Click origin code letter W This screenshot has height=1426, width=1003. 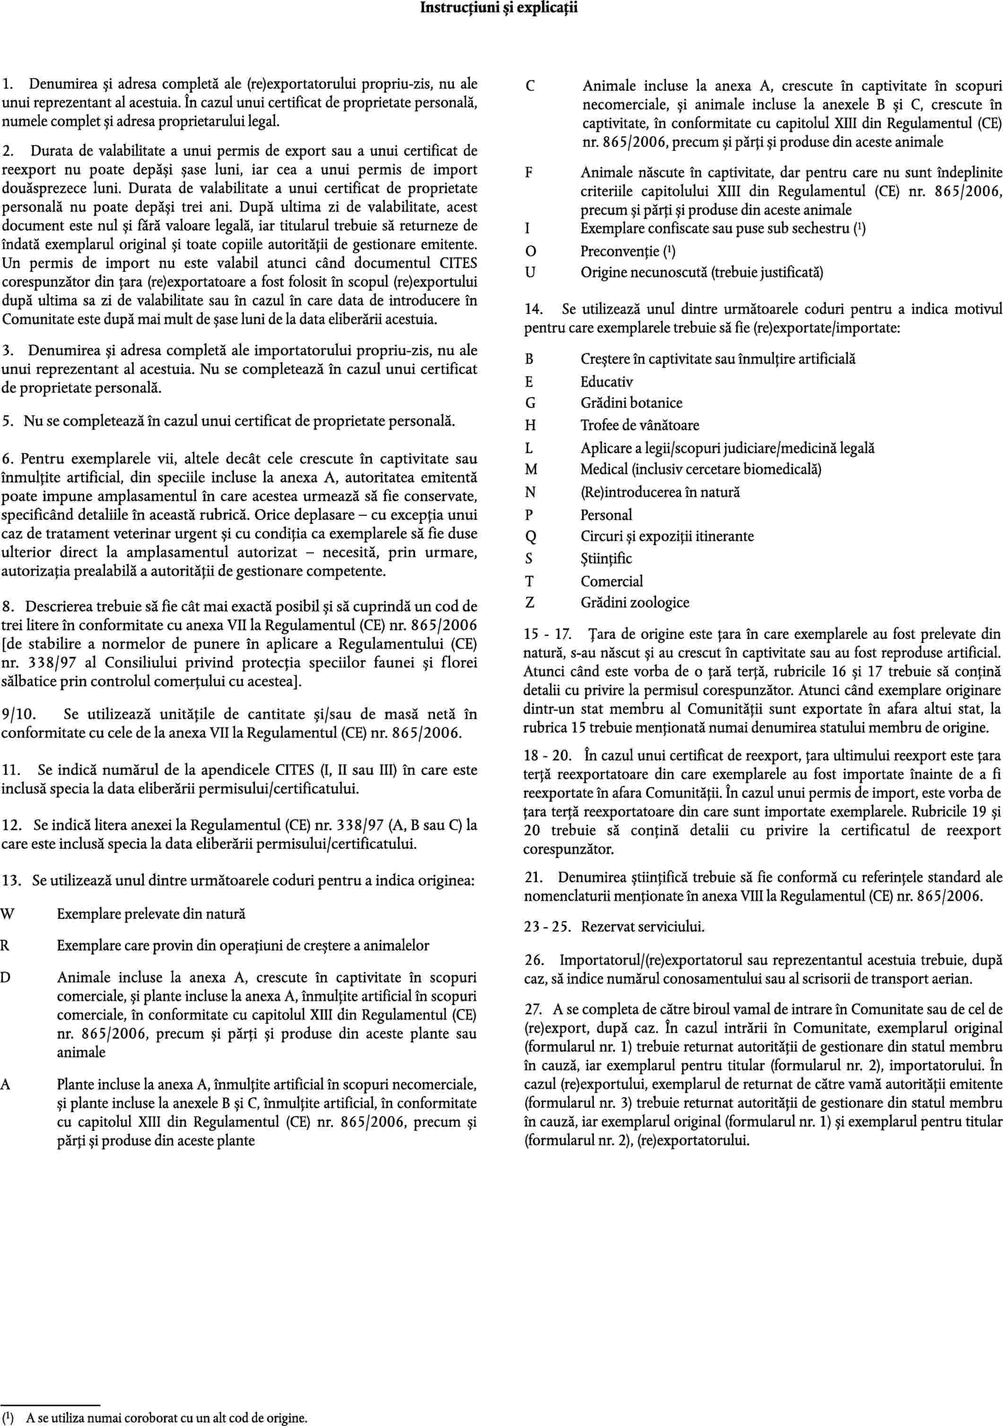[x=7, y=914]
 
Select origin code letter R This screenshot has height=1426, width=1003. [x=5, y=945]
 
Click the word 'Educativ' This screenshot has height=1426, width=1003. [x=607, y=382]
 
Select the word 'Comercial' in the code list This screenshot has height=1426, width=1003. [x=611, y=581]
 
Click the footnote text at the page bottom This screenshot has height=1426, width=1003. [x=166, y=1418]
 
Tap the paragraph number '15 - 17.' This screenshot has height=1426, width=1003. [x=548, y=635]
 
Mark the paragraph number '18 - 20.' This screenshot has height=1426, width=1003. [x=548, y=756]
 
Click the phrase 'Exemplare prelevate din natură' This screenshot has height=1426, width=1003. [x=151, y=914]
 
